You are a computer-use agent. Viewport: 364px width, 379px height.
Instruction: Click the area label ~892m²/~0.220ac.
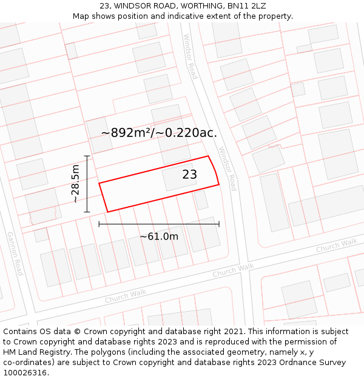tap(159, 133)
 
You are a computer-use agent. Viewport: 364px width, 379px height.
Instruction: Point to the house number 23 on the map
tap(189, 175)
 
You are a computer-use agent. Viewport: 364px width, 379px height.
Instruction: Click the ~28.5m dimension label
tap(75, 184)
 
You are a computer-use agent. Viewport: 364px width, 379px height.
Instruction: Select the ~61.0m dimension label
tap(159, 236)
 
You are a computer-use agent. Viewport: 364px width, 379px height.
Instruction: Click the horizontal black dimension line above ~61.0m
tap(159, 224)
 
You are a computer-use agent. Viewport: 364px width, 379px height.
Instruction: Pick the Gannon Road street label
tap(15, 253)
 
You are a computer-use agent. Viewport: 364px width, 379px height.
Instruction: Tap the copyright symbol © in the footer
tap(78, 332)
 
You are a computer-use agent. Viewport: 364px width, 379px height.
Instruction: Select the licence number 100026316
tap(25, 373)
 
